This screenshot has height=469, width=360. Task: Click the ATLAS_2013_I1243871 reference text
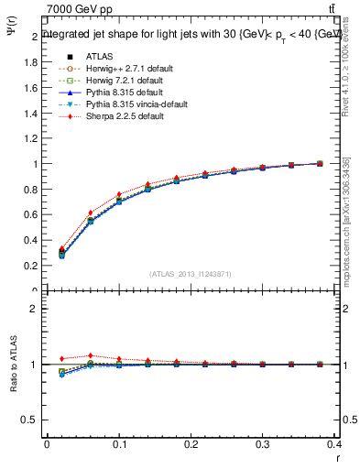(x=191, y=273)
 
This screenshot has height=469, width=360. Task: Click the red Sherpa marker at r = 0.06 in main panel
(x=90, y=213)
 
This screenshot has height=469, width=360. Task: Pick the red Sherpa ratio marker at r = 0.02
(x=61, y=358)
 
